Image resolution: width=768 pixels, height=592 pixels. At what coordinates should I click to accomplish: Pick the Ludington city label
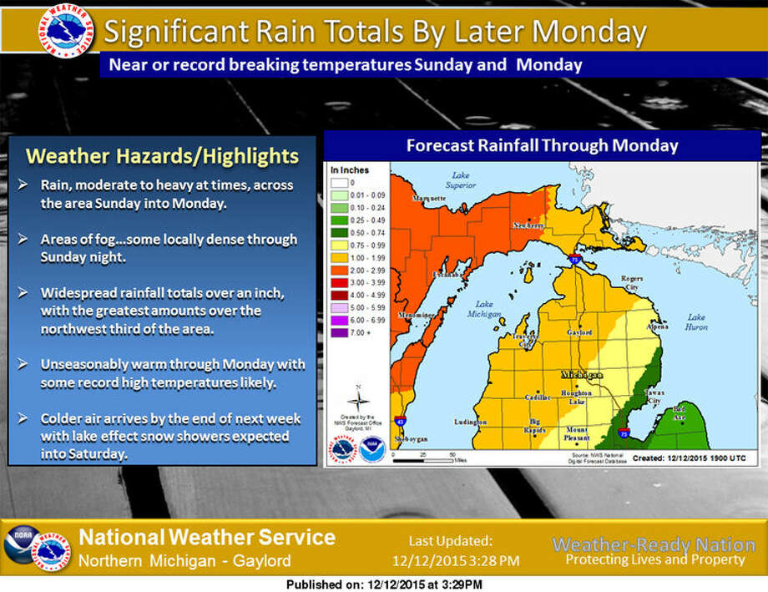[x=470, y=422]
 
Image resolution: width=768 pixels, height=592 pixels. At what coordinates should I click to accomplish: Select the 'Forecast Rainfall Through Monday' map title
[x=542, y=145]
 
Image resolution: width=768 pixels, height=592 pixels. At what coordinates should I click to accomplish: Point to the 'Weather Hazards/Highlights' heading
[x=162, y=156]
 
